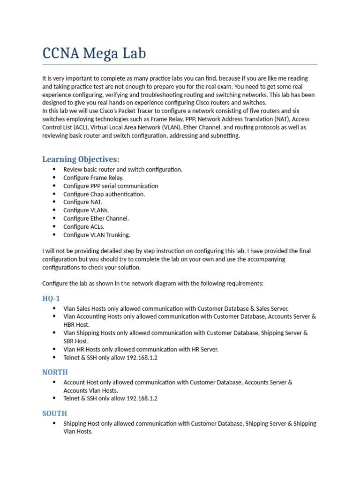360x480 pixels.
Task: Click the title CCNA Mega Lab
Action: click(94, 53)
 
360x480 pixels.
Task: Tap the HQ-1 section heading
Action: click(51, 299)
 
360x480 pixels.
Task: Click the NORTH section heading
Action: click(55, 372)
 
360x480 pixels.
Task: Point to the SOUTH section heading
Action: click(54, 413)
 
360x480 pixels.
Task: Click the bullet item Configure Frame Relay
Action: click(93, 178)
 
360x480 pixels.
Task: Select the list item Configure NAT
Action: click(82, 202)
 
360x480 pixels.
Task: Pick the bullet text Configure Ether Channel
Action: click(96, 218)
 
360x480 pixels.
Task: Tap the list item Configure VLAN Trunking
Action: click(97, 235)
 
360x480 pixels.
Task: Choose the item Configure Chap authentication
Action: click(104, 194)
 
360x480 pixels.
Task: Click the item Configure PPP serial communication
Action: click(111, 186)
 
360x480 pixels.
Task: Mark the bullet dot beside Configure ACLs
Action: click(54, 227)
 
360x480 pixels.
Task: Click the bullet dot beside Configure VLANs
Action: click(54, 210)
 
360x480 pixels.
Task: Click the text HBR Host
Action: click(76, 324)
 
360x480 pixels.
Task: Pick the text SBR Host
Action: click(75, 341)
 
